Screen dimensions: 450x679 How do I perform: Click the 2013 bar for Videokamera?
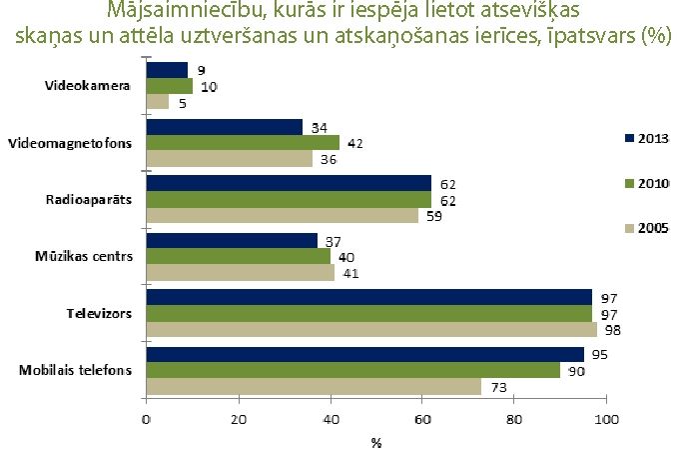167,69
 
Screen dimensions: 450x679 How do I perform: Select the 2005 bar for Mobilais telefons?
314,387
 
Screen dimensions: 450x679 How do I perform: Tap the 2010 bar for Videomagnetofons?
243,142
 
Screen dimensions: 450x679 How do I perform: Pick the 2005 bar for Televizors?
371,330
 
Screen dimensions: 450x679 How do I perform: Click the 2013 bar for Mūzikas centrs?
232,240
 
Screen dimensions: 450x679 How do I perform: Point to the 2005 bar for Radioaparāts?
282,216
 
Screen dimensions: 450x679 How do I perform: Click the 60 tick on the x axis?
422,418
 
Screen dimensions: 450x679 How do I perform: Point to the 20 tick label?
239,418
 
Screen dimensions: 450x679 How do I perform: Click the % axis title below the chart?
376,440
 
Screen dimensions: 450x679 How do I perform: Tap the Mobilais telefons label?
75,370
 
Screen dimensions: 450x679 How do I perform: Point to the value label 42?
354,143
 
